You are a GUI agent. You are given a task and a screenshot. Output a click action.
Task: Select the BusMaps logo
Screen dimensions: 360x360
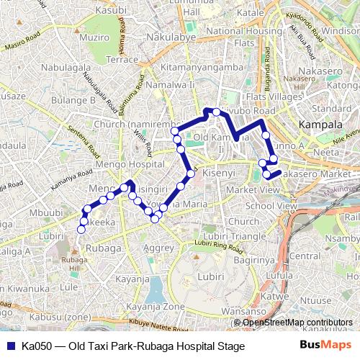(326, 346)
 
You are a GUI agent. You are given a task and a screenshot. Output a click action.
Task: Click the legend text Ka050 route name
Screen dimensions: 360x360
(133, 346)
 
